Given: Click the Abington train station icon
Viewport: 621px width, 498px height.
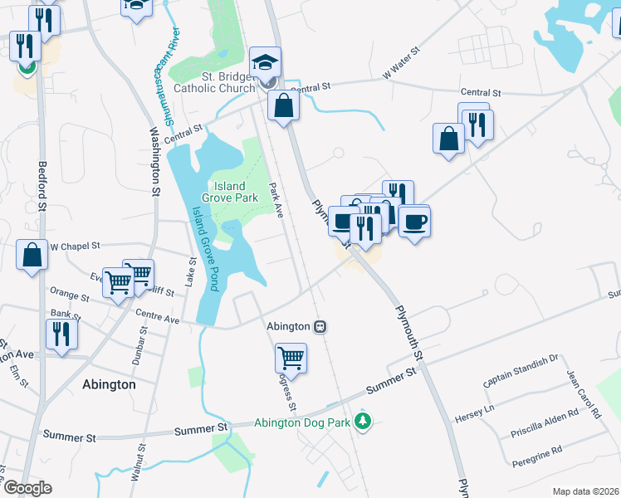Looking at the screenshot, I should point(320,327).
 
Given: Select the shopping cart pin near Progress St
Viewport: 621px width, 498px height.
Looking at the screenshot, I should point(291,359).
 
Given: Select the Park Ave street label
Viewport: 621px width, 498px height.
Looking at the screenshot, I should point(277,202).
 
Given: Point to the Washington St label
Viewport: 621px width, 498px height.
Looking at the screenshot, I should point(154,160).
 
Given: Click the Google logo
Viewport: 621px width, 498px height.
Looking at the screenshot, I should point(27,488).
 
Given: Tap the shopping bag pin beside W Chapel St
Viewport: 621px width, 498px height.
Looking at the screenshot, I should point(32,256).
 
